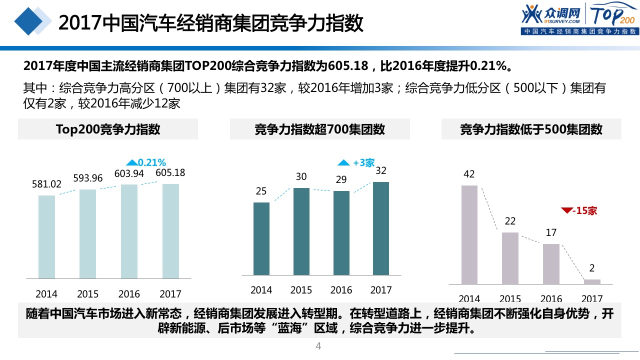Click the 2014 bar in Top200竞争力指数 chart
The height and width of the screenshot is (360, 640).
coord(46,236)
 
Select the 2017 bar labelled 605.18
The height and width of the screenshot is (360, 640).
coord(170,231)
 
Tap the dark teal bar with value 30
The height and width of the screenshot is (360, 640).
coord(301,231)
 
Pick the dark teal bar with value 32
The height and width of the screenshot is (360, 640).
coord(381,228)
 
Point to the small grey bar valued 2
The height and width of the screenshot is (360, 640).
coord(592,281)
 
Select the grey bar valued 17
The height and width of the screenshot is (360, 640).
coord(551,264)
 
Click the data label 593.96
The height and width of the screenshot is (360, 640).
coord(87,178)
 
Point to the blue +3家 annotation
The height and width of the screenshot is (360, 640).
coord(356,162)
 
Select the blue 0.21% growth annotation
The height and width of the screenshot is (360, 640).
coord(146,162)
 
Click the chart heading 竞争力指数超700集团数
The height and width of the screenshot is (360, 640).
coord(319,129)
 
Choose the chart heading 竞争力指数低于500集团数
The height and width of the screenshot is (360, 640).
coord(531,129)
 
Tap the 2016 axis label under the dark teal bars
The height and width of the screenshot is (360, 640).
coord(341,290)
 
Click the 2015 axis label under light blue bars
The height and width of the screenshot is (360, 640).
coord(87,294)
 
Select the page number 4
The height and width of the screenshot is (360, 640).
coord(318,346)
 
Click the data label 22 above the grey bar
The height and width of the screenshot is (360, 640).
coord(510,221)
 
